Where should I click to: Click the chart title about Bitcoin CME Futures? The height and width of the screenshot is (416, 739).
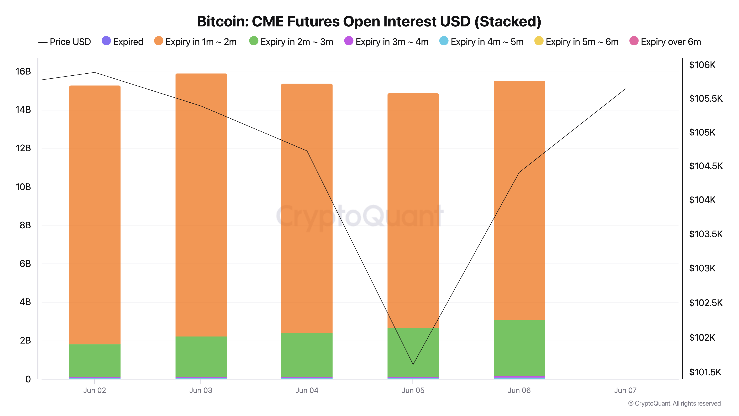tap(369, 21)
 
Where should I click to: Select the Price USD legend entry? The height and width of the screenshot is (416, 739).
tap(65, 42)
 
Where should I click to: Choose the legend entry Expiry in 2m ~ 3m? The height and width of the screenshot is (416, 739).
tap(291, 42)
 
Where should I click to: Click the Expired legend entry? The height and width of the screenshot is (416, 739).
tap(123, 42)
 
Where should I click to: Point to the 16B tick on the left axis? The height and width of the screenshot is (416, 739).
tap(23, 72)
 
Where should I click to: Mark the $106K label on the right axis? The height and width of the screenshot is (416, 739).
tap(702, 65)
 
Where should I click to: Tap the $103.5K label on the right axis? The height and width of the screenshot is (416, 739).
tap(706, 234)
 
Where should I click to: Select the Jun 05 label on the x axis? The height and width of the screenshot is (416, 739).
tap(413, 390)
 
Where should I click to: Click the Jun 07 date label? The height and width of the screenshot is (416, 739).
tap(625, 390)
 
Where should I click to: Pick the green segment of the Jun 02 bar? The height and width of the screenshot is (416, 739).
tap(95, 360)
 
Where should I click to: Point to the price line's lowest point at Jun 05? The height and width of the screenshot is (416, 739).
tap(413, 364)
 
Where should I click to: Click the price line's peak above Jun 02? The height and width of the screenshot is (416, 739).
tap(95, 72)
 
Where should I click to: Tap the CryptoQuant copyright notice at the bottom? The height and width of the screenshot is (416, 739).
tap(674, 403)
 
